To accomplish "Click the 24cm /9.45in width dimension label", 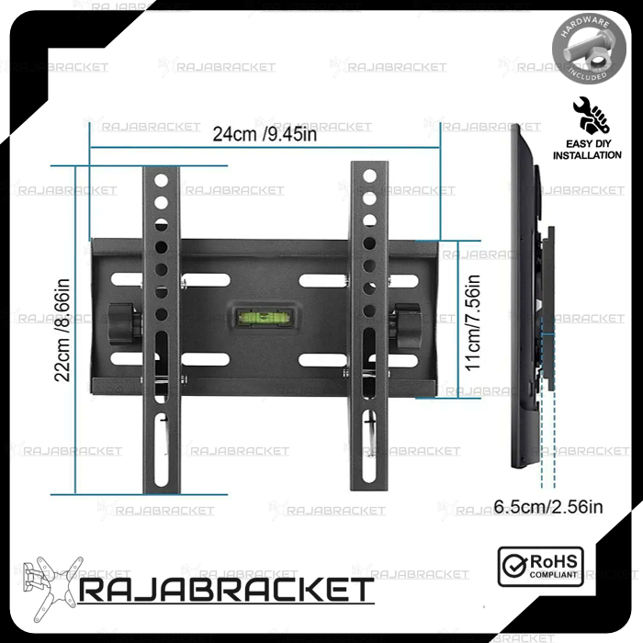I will (x=265, y=134).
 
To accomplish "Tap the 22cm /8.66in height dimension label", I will (x=63, y=331).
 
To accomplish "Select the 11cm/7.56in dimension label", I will (x=472, y=321).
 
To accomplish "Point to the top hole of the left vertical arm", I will (x=162, y=180).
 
